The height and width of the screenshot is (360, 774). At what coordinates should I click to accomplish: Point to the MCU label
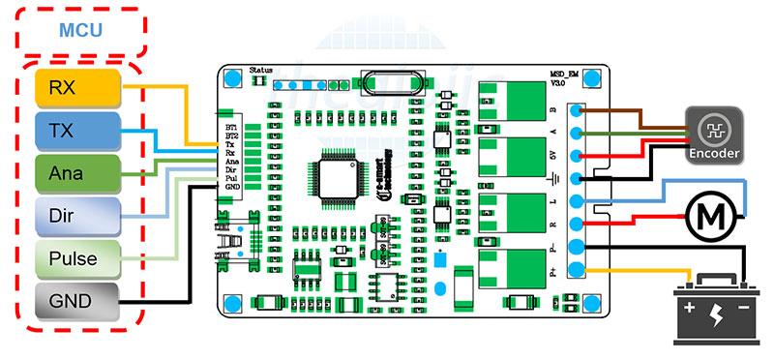(x=80, y=31)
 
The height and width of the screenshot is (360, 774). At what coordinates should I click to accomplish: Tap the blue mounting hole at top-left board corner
(x=232, y=82)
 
